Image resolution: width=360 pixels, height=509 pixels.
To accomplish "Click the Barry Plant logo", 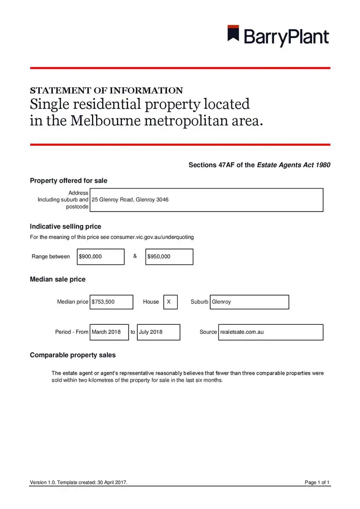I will pyautogui.click(x=278, y=36).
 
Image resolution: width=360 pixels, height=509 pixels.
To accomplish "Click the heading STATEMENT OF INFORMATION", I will pyautogui.click(x=106, y=90).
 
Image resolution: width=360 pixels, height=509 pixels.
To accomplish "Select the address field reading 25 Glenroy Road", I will pyautogui.click(x=206, y=200).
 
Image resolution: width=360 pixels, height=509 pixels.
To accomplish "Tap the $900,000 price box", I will pyautogui.click(x=100, y=257).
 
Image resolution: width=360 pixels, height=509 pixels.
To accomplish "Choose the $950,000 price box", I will pyautogui.click(x=169, y=257).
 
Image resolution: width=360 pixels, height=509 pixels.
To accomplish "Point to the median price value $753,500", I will pyautogui.click(x=111, y=302).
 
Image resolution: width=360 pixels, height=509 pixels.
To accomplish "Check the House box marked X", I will pyautogui.click(x=170, y=302).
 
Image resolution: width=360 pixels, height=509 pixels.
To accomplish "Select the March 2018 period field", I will pyautogui.click(x=109, y=332).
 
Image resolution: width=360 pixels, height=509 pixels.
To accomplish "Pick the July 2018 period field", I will pyautogui.click(x=158, y=332).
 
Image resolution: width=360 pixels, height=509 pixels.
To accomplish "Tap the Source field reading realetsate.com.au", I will pyautogui.click(x=271, y=332).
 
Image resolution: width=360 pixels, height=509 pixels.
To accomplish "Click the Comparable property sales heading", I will pyautogui.click(x=72, y=355).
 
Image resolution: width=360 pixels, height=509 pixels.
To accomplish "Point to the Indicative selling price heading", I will pyautogui.click(x=65, y=226).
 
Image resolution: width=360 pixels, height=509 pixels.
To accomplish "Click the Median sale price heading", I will pyautogui.click(x=58, y=279).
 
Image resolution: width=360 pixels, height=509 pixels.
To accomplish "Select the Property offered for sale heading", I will pyautogui.click(x=69, y=181).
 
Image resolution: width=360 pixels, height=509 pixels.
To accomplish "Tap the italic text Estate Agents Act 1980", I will pyautogui.click(x=294, y=165).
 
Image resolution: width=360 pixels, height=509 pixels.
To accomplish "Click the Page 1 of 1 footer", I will pyautogui.click(x=317, y=482).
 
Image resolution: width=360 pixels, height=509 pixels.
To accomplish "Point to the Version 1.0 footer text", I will pyautogui.click(x=79, y=482).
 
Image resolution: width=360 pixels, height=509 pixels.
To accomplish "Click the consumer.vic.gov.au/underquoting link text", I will pyautogui.click(x=152, y=237).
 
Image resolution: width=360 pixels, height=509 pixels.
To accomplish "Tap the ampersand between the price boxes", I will pyautogui.click(x=135, y=256).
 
